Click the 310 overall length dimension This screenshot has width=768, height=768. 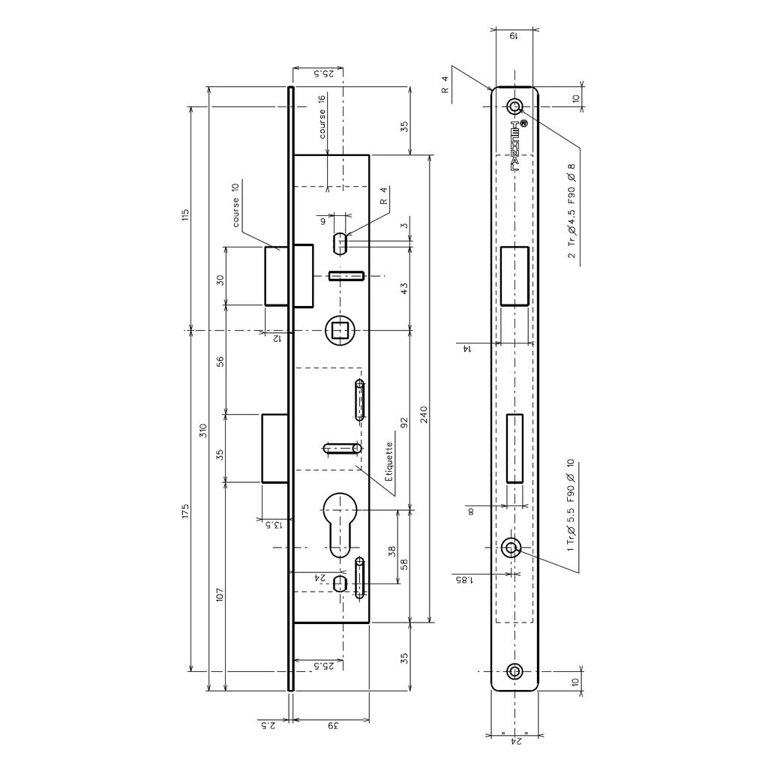click(x=204, y=430)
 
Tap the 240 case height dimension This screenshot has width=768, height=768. click(x=424, y=415)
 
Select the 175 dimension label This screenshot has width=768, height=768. click(x=184, y=510)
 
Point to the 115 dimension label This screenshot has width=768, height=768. click(x=184, y=214)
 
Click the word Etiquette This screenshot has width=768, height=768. click(x=389, y=461)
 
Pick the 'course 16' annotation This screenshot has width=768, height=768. click(x=322, y=117)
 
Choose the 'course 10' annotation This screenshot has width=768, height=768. click(x=236, y=205)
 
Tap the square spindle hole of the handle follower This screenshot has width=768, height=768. click(x=340, y=331)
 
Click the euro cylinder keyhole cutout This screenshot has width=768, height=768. click(x=340, y=524)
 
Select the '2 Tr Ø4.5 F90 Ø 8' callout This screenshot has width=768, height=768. click(x=571, y=211)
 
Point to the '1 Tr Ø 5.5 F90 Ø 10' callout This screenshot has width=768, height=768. click(x=570, y=505)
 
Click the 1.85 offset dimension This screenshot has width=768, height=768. click(x=465, y=580)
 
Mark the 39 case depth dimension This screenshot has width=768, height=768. click(x=333, y=726)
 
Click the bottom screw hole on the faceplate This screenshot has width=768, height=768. click(x=514, y=671)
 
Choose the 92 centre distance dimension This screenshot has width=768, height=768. click(x=404, y=423)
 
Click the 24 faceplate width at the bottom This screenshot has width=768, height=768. click(x=515, y=742)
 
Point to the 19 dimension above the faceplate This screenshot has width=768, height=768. click(x=514, y=36)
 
